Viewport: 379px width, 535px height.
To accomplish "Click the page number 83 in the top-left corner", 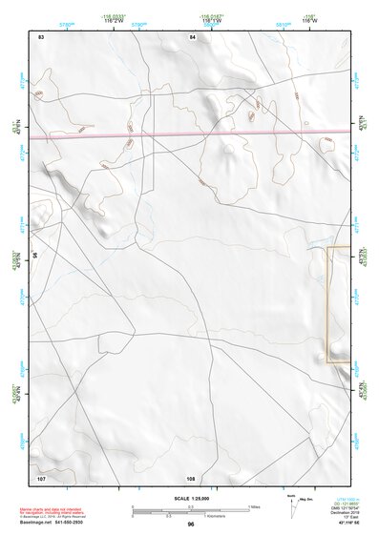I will [41, 37].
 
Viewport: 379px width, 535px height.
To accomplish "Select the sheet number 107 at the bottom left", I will [41, 476].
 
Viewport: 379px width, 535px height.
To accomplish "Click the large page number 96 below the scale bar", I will [191, 524].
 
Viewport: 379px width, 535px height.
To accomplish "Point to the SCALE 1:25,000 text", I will [190, 498].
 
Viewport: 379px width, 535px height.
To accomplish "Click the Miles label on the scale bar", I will [254, 505].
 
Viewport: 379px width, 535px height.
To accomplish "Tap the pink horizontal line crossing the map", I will [191, 135].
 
